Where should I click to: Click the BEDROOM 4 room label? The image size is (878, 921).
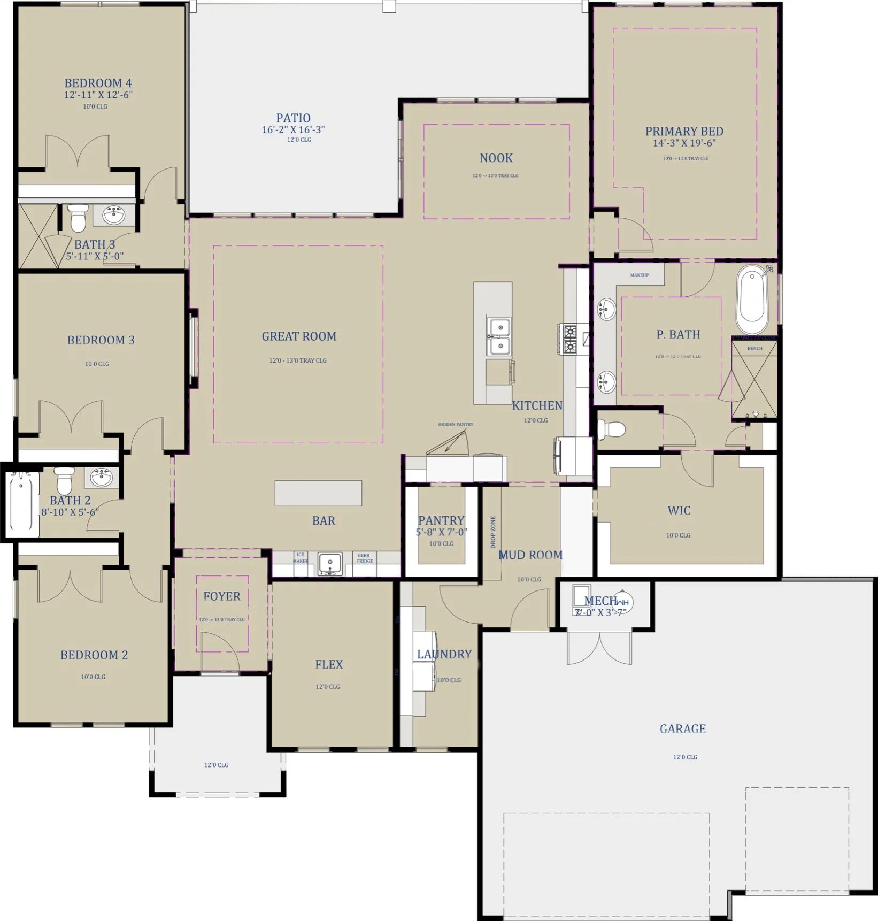tap(98, 83)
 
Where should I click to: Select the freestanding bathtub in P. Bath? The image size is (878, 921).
tap(752, 301)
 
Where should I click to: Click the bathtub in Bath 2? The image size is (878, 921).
tap(22, 502)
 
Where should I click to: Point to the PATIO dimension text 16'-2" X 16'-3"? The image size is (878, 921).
tap(293, 129)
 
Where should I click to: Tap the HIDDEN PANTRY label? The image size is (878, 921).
tap(456, 424)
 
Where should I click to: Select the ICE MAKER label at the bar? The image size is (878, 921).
tap(300, 558)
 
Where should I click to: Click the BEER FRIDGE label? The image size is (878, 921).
tap(365, 558)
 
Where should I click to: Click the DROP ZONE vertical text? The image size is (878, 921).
tap(493, 532)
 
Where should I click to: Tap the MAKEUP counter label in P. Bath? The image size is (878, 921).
tap(639, 275)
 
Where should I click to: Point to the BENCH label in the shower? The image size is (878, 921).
tap(754, 348)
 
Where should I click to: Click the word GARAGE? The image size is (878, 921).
tap(682, 728)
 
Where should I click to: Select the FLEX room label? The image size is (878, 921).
tap(329, 664)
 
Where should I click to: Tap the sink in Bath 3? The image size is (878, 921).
tap(113, 216)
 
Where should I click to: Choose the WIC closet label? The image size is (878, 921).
tap(679, 510)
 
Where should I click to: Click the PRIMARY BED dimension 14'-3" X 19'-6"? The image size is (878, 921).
tap(684, 143)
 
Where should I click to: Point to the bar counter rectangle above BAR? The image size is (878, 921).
tap(318, 493)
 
